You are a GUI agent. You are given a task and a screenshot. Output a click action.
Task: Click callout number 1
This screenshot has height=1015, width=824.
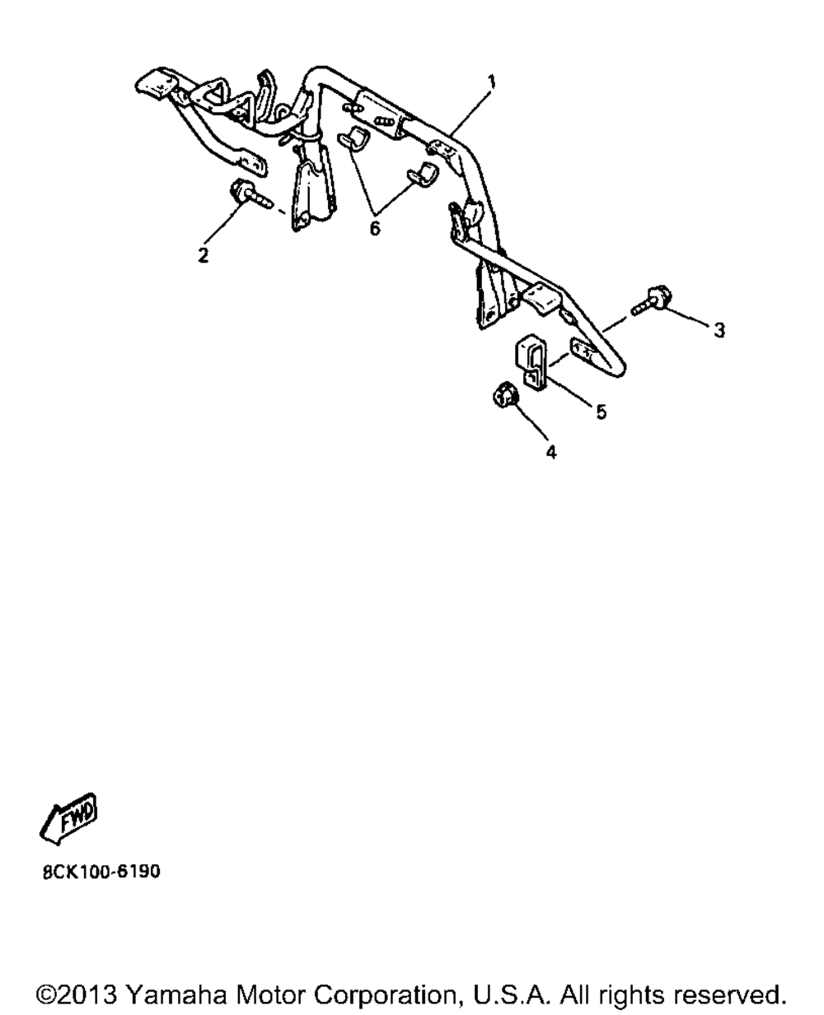click(492, 81)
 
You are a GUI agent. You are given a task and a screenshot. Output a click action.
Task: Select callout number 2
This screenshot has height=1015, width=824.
click(204, 255)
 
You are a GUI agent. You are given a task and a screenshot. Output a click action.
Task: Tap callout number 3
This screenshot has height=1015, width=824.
click(719, 330)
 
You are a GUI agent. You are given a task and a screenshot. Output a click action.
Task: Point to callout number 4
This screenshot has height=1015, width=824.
click(550, 452)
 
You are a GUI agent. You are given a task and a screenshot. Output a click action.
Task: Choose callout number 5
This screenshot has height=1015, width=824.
click(601, 412)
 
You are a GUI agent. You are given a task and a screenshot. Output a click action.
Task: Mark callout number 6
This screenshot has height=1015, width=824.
click(375, 229)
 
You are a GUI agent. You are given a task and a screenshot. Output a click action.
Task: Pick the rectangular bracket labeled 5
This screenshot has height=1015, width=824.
click(531, 363)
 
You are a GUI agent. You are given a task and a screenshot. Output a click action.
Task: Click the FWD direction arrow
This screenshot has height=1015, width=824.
click(68, 819)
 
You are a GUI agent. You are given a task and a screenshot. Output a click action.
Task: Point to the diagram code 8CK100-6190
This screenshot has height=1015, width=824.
click(101, 872)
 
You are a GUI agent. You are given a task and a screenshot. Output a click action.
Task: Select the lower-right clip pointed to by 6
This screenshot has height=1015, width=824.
click(423, 175)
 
